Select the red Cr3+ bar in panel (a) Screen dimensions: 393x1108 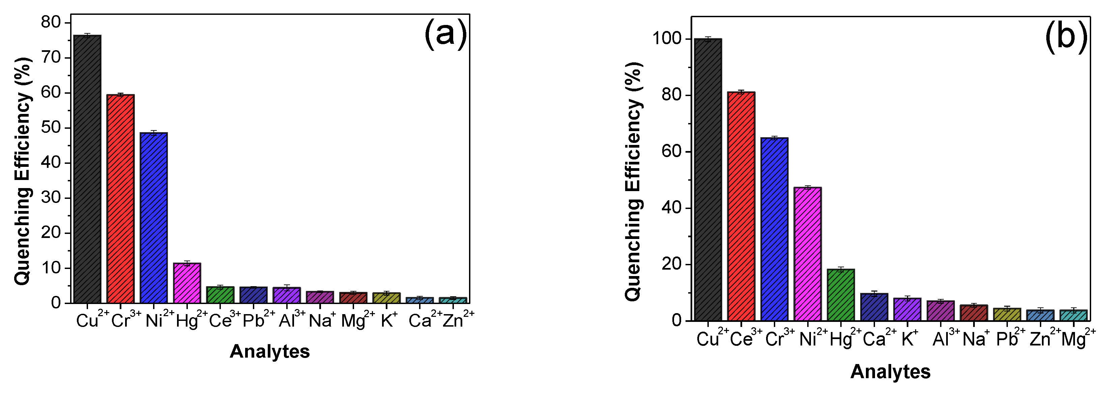coord(120,199)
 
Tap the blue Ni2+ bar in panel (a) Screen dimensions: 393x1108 coord(153,218)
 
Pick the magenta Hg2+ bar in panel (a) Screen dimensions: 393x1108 coord(187,283)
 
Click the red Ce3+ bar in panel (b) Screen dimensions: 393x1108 coord(741,206)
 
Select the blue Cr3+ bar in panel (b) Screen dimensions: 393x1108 coord(774,229)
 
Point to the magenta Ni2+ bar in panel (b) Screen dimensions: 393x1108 coord(807,254)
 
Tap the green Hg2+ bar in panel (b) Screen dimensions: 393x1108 coord(841,295)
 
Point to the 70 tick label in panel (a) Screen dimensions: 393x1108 coord(51,58)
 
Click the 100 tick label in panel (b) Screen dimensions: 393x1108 coord(667,39)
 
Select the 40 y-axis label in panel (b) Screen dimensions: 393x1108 coord(672,208)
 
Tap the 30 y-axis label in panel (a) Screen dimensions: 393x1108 coord(51,198)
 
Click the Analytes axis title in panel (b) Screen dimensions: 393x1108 coord(891,371)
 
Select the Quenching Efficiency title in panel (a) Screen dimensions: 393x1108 coord(24,171)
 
